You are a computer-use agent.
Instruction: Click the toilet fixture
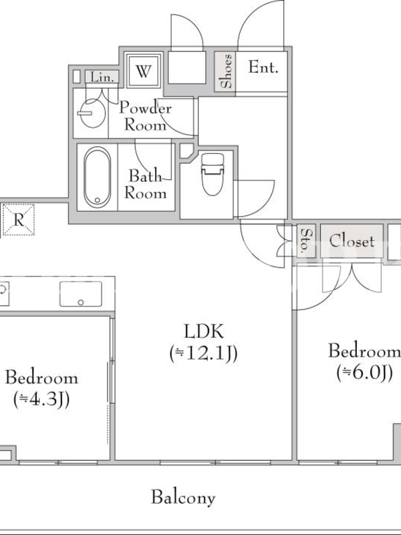[x=212, y=174]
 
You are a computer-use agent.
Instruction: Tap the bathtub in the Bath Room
[x=97, y=177]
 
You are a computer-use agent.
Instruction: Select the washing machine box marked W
[x=143, y=71]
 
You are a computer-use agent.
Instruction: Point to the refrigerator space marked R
[x=19, y=220]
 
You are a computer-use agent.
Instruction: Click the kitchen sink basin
[x=81, y=294]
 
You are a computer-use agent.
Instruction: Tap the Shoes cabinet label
[x=226, y=71]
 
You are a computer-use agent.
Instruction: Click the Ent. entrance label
[x=263, y=68]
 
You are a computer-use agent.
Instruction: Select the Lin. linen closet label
[x=102, y=77]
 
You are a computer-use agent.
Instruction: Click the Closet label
[x=352, y=241]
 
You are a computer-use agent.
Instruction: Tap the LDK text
[x=204, y=331]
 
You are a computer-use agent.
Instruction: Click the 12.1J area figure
[x=204, y=354]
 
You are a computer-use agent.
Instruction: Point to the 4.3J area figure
[x=41, y=399]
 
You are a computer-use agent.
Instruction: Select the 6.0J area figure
[x=364, y=372]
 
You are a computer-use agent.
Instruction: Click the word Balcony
[x=183, y=498]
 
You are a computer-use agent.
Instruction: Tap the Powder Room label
[x=145, y=116]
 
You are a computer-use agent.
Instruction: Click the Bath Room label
[x=146, y=185]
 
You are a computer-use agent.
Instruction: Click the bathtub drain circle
[x=97, y=200]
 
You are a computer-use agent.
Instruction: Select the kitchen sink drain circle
[x=81, y=302]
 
